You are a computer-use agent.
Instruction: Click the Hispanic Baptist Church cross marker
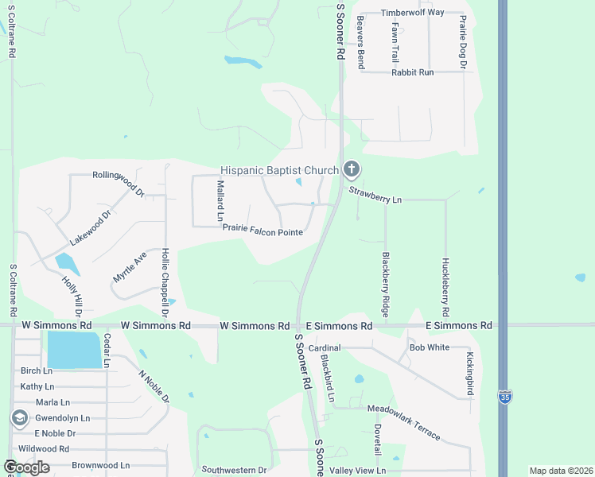tap(352, 169)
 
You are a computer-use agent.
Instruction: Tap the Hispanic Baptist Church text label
tap(279, 170)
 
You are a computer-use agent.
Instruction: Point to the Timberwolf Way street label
tap(412, 13)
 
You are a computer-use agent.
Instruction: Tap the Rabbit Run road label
tap(412, 72)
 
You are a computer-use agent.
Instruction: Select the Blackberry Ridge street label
tap(386, 282)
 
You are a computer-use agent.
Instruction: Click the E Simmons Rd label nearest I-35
tap(459, 325)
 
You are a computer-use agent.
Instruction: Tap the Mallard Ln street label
tap(220, 201)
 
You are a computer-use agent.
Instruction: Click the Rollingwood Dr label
tap(118, 183)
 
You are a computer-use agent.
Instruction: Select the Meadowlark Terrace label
tap(403, 421)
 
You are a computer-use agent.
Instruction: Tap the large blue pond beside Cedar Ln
tap(74, 349)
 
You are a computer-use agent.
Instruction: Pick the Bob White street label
tap(429, 347)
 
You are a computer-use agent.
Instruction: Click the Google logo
tap(26, 467)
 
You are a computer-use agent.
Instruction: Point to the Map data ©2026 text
tap(561, 471)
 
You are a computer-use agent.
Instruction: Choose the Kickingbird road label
tap(470, 374)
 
